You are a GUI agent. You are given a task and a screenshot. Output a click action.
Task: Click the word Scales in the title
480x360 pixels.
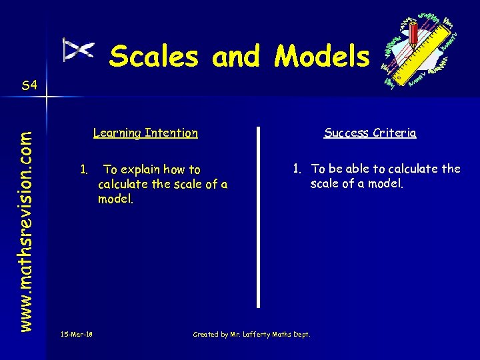click(154, 56)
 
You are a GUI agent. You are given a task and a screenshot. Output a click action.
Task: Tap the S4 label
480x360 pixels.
click(29, 85)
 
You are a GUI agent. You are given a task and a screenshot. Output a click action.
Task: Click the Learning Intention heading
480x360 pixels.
click(145, 133)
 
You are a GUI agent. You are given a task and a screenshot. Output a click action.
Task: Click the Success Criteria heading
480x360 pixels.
click(370, 133)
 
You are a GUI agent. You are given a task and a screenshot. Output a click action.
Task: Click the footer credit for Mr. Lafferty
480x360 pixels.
click(251, 334)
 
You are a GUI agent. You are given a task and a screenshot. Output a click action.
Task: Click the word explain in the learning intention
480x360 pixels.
click(143, 170)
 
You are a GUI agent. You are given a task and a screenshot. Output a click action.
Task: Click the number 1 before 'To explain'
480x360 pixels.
click(84, 169)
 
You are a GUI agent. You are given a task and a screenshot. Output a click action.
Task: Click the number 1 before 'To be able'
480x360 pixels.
click(297, 169)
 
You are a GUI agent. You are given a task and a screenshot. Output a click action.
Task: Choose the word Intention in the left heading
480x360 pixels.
click(171, 133)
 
